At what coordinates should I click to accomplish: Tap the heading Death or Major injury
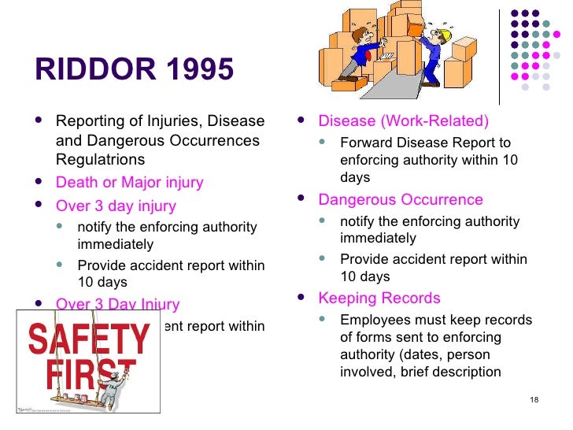point(129,183)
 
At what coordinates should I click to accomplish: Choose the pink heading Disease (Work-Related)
point(403,121)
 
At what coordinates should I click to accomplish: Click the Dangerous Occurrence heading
point(400,200)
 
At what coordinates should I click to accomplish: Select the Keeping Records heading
point(379,298)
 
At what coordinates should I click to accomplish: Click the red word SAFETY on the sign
point(88,339)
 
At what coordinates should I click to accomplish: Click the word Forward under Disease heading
point(364,143)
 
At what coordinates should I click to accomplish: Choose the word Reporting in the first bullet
point(88,121)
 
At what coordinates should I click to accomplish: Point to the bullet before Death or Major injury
point(40,183)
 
